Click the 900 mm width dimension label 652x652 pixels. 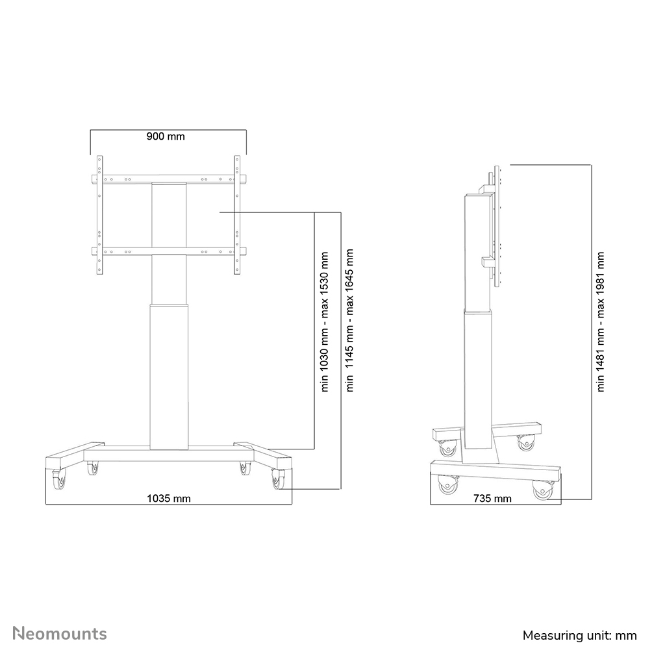[166, 136]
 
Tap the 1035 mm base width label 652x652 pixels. [168, 498]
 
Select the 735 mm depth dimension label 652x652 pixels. [493, 499]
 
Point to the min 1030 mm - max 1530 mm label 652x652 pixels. [325, 321]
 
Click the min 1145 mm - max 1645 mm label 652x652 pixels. [351, 321]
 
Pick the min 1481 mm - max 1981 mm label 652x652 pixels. [601, 321]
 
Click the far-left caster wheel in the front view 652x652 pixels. [59, 480]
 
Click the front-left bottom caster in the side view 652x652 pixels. [446, 486]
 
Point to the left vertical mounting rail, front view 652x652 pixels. [99, 215]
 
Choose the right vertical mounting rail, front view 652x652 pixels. [238, 215]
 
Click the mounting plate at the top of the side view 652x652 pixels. [497, 227]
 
